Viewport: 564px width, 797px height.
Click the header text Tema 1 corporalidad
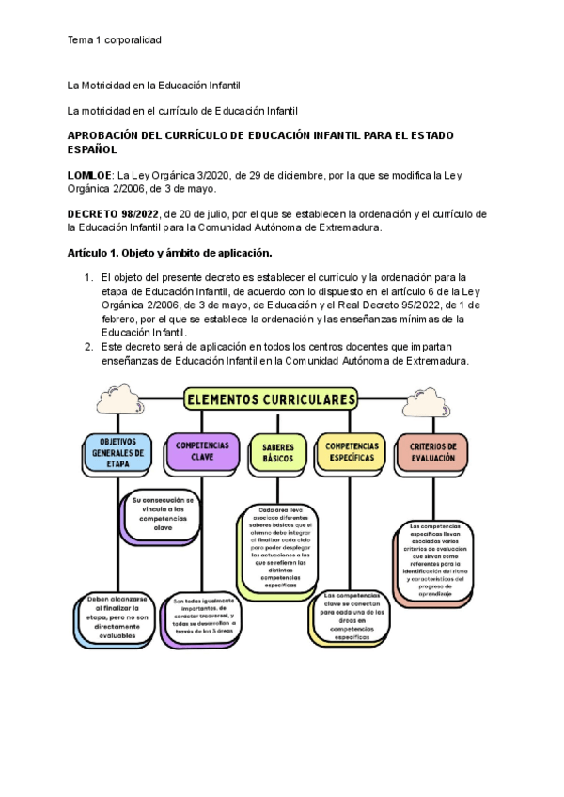click(x=115, y=40)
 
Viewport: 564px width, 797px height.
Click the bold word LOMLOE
click(x=89, y=175)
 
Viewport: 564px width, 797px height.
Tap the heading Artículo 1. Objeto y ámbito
click(x=169, y=255)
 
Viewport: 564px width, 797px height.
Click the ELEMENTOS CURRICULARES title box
click(x=271, y=399)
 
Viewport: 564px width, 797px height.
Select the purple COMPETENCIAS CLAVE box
click(x=201, y=451)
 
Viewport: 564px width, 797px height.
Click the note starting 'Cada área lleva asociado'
click(x=279, y=548)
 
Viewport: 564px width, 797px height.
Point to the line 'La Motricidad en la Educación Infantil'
click(x=155, y=86)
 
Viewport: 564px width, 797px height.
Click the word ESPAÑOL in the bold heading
click(x=93, y=149)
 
